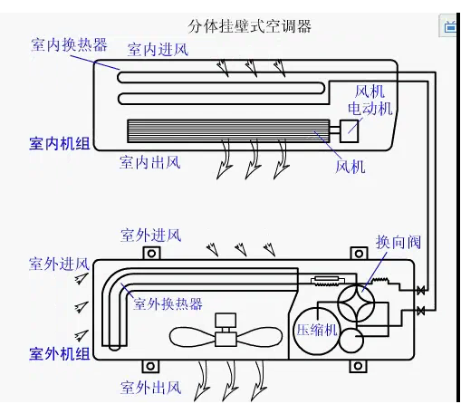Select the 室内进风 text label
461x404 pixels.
tap(158, 49)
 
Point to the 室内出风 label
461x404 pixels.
tap(150, 163)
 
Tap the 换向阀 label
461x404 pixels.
tap(399, 243)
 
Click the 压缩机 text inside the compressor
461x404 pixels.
tap(318, 330)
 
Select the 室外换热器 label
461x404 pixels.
tap(168, 303)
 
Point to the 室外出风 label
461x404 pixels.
tap(151, 388)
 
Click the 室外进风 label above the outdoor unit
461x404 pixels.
tap(151, 236)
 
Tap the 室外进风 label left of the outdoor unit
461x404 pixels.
tap(59, 265)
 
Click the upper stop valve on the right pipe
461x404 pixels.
tap(420, 291)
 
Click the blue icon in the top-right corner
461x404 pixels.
tap(451, 25)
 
